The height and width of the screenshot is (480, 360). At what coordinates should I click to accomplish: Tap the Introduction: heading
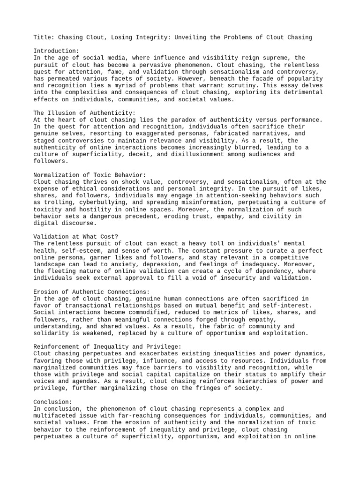(x=56, y=51)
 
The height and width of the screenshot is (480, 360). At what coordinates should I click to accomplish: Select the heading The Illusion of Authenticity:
(x=84, y=113)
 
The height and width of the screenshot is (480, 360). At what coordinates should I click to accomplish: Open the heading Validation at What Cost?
(x=77, y=237)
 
